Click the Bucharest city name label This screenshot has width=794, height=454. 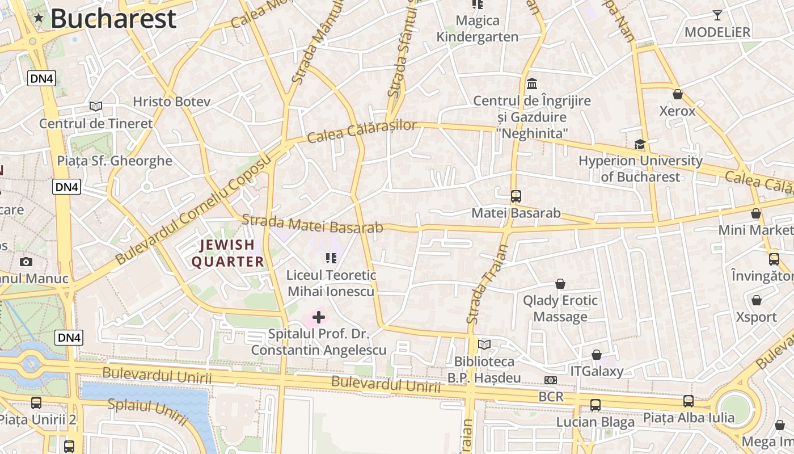pos(113,19)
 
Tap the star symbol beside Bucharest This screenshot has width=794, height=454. pos(39,18)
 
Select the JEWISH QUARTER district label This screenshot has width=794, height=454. pos(227,253)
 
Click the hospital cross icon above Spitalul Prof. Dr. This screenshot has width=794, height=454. pos(319,317)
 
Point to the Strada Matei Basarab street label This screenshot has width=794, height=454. pos(312,224)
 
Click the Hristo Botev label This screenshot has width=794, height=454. pos(171,102)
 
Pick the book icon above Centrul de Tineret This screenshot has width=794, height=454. pos(96,106)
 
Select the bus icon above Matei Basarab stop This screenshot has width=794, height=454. pos(516,196)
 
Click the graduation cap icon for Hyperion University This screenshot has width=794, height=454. pos(640,144)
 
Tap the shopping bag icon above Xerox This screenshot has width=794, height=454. pos(677,94)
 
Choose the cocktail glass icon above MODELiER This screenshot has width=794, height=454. pos(717,15)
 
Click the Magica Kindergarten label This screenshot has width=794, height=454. pos(478,29)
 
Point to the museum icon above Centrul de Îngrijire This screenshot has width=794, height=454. pos(532,84)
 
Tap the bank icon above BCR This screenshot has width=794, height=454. pos(550,380)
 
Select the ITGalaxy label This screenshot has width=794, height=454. pos(597,372)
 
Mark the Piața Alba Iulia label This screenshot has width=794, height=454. pos(689,418)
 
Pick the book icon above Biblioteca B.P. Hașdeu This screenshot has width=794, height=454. pos(484,344)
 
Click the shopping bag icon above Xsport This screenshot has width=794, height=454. pos(756,300)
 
